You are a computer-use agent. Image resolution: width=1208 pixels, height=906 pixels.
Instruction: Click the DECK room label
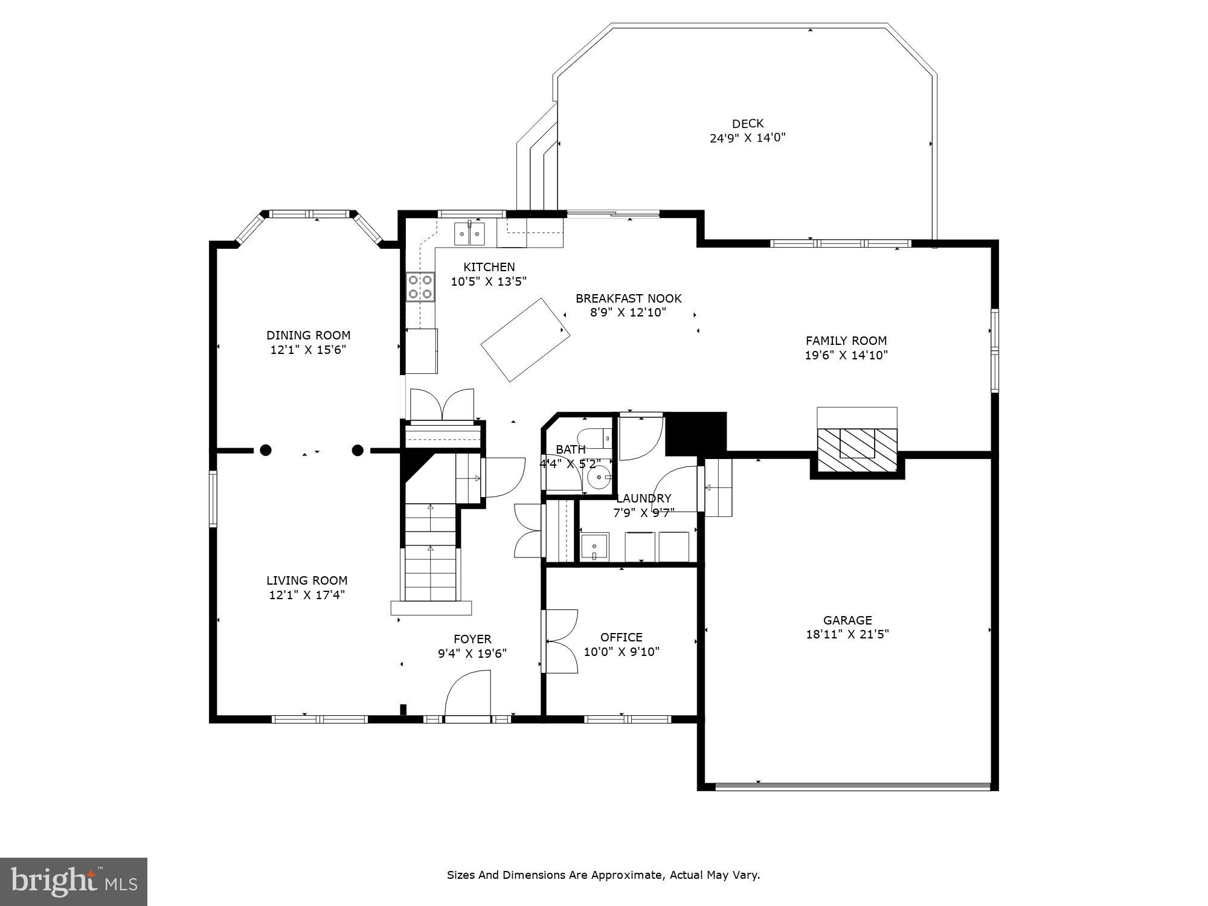pos(748,123)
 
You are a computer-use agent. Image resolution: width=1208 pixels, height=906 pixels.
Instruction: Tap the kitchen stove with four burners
pos(420,286)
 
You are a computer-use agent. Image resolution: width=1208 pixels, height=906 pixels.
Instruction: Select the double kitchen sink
pos(470,234)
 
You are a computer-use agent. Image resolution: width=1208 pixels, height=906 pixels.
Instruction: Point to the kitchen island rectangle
pos(525,339)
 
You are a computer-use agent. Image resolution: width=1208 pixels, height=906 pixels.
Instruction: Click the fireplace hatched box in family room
pos(857,451)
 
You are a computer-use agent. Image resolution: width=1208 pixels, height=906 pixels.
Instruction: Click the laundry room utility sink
pos(594,547)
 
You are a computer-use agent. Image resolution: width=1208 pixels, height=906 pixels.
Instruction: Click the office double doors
pos(561,641)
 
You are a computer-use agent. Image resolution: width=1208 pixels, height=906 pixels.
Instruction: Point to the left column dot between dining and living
pos(266,450)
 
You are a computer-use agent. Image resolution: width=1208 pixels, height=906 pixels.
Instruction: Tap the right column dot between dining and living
pos(358,450)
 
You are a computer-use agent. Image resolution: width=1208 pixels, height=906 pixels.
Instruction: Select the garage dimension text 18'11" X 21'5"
pos(847,634)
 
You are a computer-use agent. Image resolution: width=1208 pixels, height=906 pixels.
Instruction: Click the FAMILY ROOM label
pos(846,341)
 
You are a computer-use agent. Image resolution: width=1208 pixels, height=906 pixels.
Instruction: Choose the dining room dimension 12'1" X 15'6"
pos(308,350)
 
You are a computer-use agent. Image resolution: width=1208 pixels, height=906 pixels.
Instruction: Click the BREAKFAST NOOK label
pos(629,298)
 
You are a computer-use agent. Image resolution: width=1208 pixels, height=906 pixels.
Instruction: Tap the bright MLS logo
pos(74,882)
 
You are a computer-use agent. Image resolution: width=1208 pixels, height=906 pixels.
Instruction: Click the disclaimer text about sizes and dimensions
pos(603,875)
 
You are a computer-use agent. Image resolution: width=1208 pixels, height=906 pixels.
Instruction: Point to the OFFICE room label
pos(622,637)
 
